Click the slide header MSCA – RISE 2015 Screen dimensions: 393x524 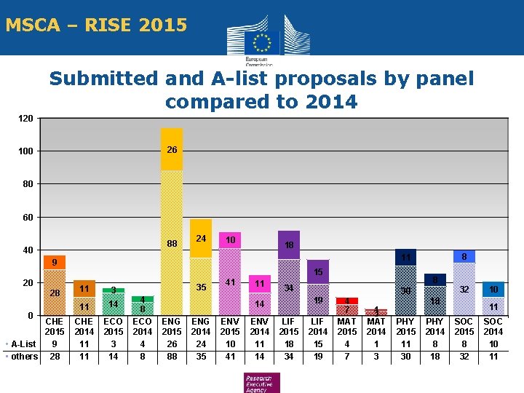(96, 25)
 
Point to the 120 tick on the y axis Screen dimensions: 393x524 (25, 118)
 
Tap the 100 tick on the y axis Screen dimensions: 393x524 (25, 151)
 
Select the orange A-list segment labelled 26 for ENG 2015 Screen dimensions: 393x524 (172, 150)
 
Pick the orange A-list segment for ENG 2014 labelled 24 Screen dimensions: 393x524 (201, 238)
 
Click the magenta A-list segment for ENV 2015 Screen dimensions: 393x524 (230, 240)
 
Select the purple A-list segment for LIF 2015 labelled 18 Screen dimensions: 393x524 (289, 245)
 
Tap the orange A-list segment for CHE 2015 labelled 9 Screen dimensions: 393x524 (55, 262)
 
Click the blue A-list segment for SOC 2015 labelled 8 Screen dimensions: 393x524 (464, 256)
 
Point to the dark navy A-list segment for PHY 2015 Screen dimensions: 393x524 (406, 258)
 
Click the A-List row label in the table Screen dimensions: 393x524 (24, 344)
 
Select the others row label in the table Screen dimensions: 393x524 (24, 356)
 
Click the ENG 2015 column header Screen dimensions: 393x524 (172, 326)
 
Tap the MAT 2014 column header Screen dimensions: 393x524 (376, 326)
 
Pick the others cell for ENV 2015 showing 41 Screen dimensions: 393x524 (230, 356)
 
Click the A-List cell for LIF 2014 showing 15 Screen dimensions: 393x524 (318, 344)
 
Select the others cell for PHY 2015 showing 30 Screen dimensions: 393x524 (406, 356)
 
